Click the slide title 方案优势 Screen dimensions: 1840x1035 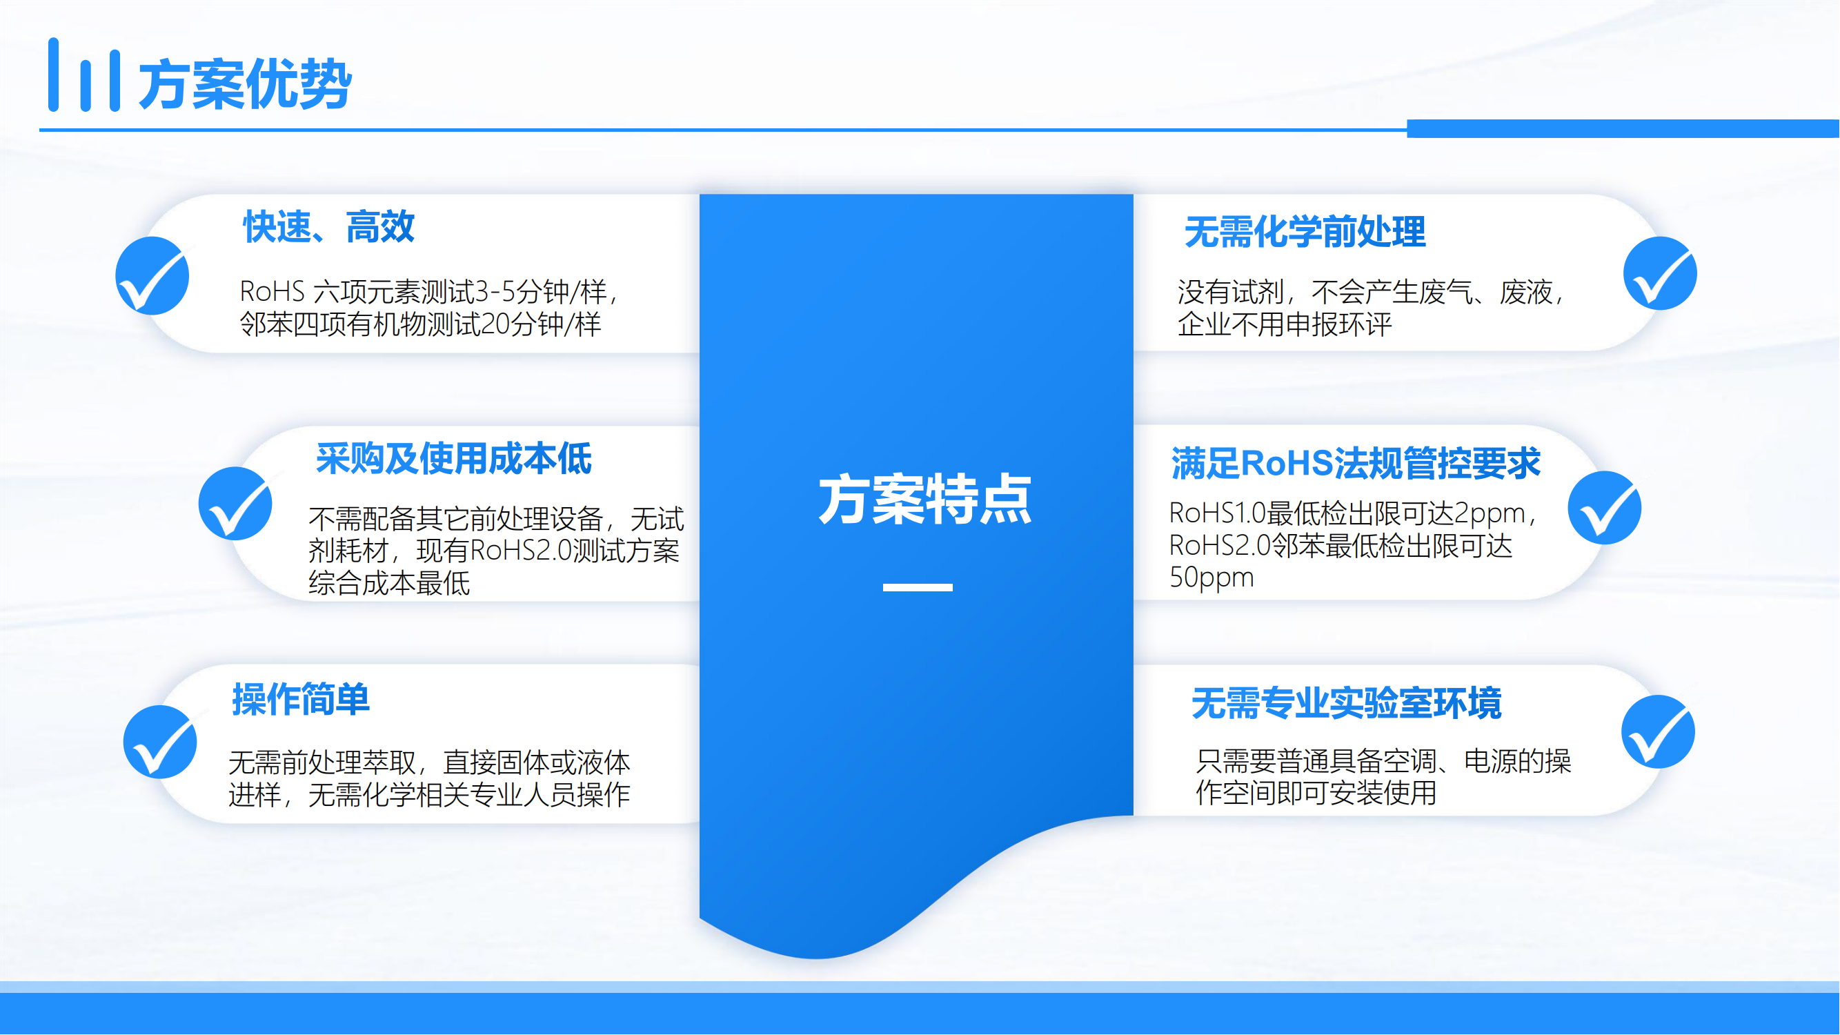pos(244,84)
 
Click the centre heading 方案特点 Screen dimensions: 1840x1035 pos(925,500)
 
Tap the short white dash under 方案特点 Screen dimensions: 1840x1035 pos(918,587)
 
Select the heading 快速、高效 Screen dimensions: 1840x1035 pos(328,227)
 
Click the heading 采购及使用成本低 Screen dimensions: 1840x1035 pos(453,459)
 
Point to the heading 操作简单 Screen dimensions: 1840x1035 pos(301,698)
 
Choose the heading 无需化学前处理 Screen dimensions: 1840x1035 pos(1305,232)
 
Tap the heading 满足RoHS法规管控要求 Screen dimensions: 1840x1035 pos(1356,463)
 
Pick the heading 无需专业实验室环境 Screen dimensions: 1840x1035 pos(1347,703)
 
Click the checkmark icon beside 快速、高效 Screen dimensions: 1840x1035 pos(152,276)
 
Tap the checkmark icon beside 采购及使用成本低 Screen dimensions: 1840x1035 pos(235,504)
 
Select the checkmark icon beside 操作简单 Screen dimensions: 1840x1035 pos(160,742)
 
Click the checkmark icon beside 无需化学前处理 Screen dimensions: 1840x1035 pos(1660,273)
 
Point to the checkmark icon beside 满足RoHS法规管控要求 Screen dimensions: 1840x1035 pos(1604,507)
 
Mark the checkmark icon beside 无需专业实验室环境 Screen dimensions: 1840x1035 pos(1658,731)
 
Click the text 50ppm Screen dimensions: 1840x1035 pos(1211,577)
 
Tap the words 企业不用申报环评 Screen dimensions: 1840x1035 pos(1285,324)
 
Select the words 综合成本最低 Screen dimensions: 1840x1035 pos(389,583)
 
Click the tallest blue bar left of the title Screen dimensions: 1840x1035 pos(54,75)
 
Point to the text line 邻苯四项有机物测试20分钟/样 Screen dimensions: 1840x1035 pos(420,324)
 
